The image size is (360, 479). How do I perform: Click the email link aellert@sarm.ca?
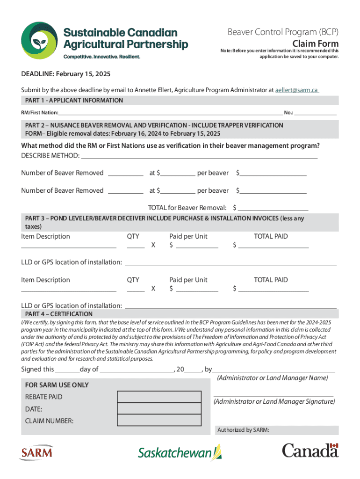tap(297, 90)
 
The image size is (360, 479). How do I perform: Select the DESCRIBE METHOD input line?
tap(199, 155)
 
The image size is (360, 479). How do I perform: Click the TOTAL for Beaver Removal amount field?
tap(274, 207)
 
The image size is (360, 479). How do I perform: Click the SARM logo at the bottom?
tap(36, 452)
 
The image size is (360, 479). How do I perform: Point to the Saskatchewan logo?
tap(180, 453)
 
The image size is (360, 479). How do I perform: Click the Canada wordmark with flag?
tap(310, 450)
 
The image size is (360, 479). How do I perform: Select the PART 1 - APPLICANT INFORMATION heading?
tap(74, 101)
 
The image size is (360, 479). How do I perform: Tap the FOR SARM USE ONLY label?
tap(57, 385)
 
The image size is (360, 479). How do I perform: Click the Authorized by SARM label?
tap(242, 430)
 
